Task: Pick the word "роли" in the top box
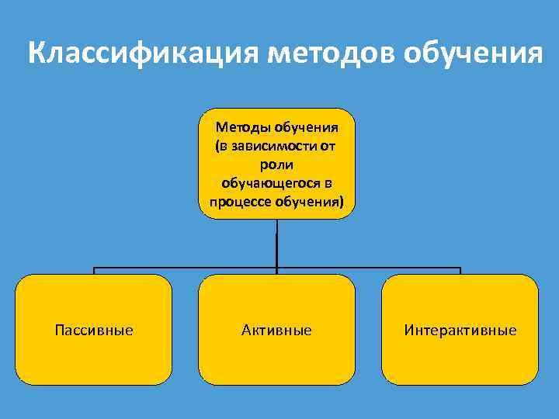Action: tap(276, 164)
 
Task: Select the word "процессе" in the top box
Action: tap(234, 202)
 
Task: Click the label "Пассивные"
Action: tap(94, 331)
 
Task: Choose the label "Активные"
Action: tap(276, 331)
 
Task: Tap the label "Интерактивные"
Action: tap(460, 331)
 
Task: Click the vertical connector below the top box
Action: tap(276, 244)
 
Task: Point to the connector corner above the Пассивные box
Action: tap(95, 269)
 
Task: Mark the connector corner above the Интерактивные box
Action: tap(460, 269)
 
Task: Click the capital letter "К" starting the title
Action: tap(36, 55)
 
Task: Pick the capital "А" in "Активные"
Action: tap(246, 331)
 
